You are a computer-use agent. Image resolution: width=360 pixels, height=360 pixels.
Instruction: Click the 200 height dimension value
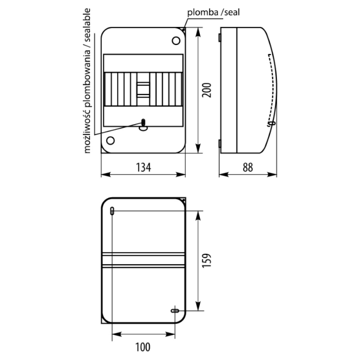point(207,90)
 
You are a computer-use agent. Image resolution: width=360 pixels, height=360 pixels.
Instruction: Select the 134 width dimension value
point(144,167)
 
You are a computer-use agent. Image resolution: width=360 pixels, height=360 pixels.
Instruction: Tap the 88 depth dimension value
point(248,167)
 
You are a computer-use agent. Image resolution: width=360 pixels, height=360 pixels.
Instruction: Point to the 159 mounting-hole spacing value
point(207,260)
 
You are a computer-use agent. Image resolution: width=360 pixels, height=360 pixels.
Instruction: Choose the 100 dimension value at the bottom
point(143,347)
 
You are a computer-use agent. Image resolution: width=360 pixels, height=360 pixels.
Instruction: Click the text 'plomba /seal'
point(213,12)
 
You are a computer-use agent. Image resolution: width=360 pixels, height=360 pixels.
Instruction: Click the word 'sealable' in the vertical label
point(87,25)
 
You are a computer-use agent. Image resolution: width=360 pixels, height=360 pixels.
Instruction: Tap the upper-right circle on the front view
point(176,40)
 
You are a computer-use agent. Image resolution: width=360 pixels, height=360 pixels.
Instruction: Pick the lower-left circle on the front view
point(110,140)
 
